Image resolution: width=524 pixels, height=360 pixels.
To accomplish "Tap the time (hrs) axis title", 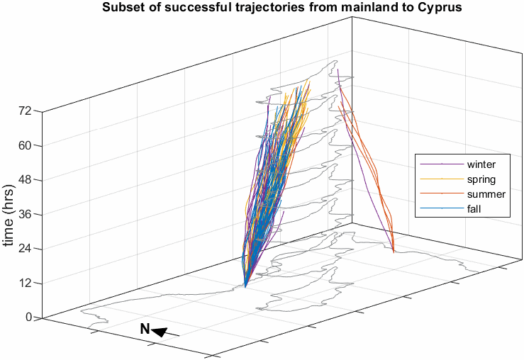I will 9,213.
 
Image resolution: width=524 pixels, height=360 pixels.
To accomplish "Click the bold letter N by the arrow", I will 144,329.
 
